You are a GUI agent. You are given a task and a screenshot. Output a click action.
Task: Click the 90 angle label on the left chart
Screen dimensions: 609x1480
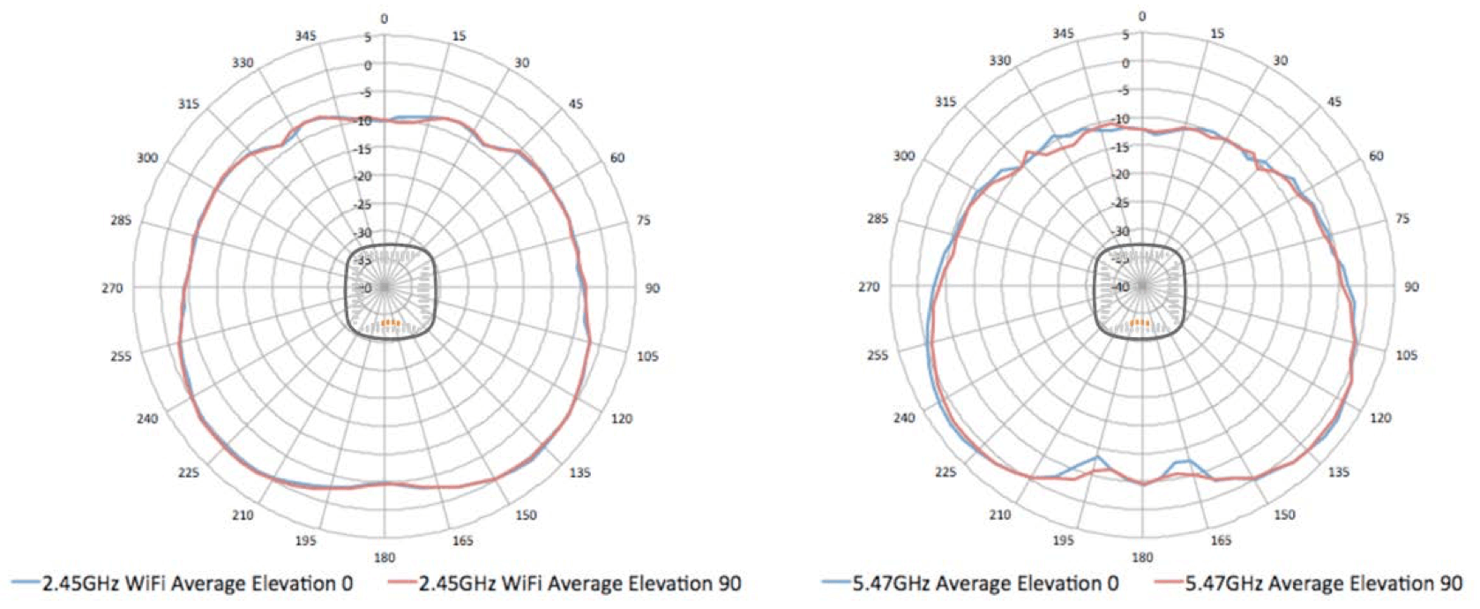[x=652, y=288]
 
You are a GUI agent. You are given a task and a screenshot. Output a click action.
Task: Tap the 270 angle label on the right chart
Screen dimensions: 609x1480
[x=869, y=286]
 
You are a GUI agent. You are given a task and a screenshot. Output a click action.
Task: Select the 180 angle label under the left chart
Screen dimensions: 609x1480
[x=385, y=557]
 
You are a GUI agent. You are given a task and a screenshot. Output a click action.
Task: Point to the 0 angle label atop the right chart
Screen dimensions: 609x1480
[x=1142, y=16]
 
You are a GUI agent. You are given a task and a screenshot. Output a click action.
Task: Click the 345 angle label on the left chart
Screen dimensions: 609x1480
[x=305, y=35]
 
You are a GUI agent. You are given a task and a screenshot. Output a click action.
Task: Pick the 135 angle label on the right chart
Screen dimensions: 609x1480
[x=1338, y=472]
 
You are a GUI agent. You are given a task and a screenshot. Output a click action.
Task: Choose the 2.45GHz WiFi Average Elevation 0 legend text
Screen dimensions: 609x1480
[x=198, y=583]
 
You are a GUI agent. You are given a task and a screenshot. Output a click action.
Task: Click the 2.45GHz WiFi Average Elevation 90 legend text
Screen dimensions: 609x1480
[x=579, y=583]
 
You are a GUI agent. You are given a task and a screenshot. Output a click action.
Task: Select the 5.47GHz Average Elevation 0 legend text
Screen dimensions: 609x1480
[x=985, y=583]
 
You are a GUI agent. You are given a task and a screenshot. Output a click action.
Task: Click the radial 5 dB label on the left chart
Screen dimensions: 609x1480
[x=369, y=38]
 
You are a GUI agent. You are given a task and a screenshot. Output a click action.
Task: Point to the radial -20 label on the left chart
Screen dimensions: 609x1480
[x=363, y=177]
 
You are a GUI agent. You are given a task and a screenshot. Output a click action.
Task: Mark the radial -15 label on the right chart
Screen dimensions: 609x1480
[x=1120, y=147]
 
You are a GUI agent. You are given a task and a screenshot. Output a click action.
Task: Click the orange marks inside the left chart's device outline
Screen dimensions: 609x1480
[x=390, y=323]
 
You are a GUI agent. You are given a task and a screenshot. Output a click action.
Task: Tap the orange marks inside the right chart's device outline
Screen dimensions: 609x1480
[x=1140, y=322]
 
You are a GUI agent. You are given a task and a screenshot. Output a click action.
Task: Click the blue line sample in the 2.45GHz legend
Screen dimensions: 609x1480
[x=25, y=583]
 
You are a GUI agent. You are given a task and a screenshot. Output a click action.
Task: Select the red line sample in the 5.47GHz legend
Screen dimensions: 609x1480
[x=1168, y=583]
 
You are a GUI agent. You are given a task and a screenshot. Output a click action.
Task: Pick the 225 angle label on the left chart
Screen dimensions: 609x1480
[x=189, y=472]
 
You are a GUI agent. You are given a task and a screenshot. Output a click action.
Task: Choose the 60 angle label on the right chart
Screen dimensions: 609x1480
[x=1376, y=155]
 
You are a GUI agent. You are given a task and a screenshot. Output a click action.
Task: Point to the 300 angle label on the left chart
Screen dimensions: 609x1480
[x=147, y=158]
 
